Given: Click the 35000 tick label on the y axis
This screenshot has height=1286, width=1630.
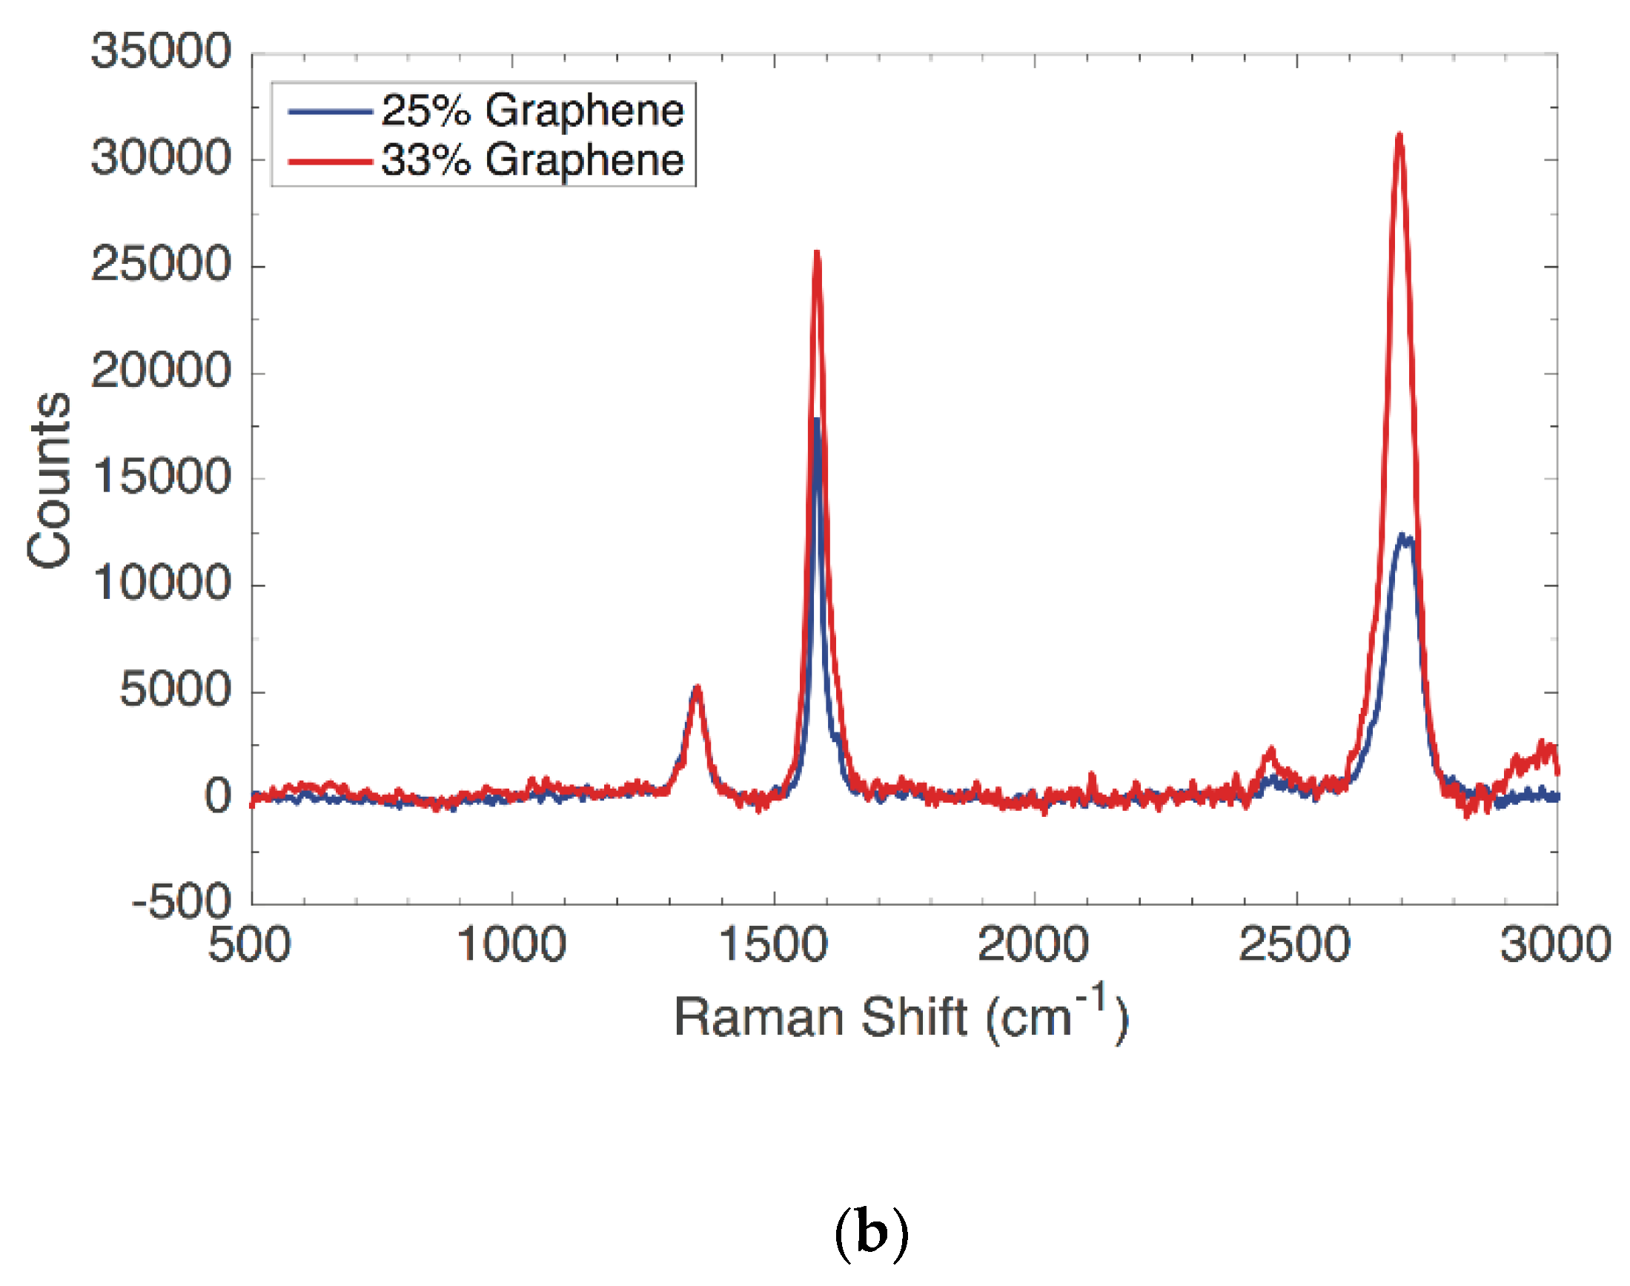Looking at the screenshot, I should [160, 53].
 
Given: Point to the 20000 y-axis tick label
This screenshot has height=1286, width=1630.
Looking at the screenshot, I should [160, 371].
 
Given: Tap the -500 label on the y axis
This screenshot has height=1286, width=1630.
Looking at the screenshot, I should [181, 901].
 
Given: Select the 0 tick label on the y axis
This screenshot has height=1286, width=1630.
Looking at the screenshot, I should [218, 796].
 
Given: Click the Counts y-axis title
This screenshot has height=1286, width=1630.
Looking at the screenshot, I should [49, 480].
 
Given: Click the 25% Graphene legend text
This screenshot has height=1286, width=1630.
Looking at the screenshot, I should [532, 110].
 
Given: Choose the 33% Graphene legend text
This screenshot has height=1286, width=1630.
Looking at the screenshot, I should [532, 159].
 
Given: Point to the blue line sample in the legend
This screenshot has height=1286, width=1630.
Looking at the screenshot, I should [330, 111].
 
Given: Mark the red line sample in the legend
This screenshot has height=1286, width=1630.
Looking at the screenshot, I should [330, 161].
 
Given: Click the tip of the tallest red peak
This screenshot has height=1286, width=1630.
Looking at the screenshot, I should [1399, 136].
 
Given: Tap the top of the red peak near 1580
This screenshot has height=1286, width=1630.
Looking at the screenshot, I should [817, 253].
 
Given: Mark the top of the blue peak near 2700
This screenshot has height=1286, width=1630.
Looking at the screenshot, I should [1402, 536].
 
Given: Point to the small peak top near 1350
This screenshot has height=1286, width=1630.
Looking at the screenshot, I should [698, 687].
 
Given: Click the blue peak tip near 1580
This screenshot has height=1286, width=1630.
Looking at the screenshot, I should [816, 420].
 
